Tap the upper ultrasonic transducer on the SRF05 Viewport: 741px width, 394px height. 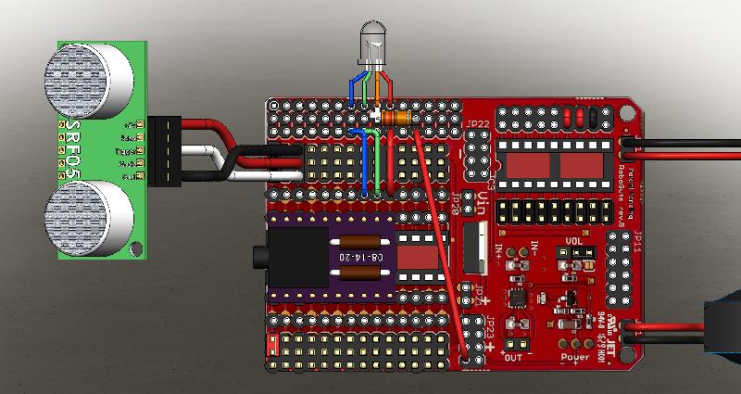coord(87,82)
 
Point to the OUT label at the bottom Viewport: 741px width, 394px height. coord(515,356)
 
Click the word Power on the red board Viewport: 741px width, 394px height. coord(575,355)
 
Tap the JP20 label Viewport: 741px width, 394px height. coord(455,210)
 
